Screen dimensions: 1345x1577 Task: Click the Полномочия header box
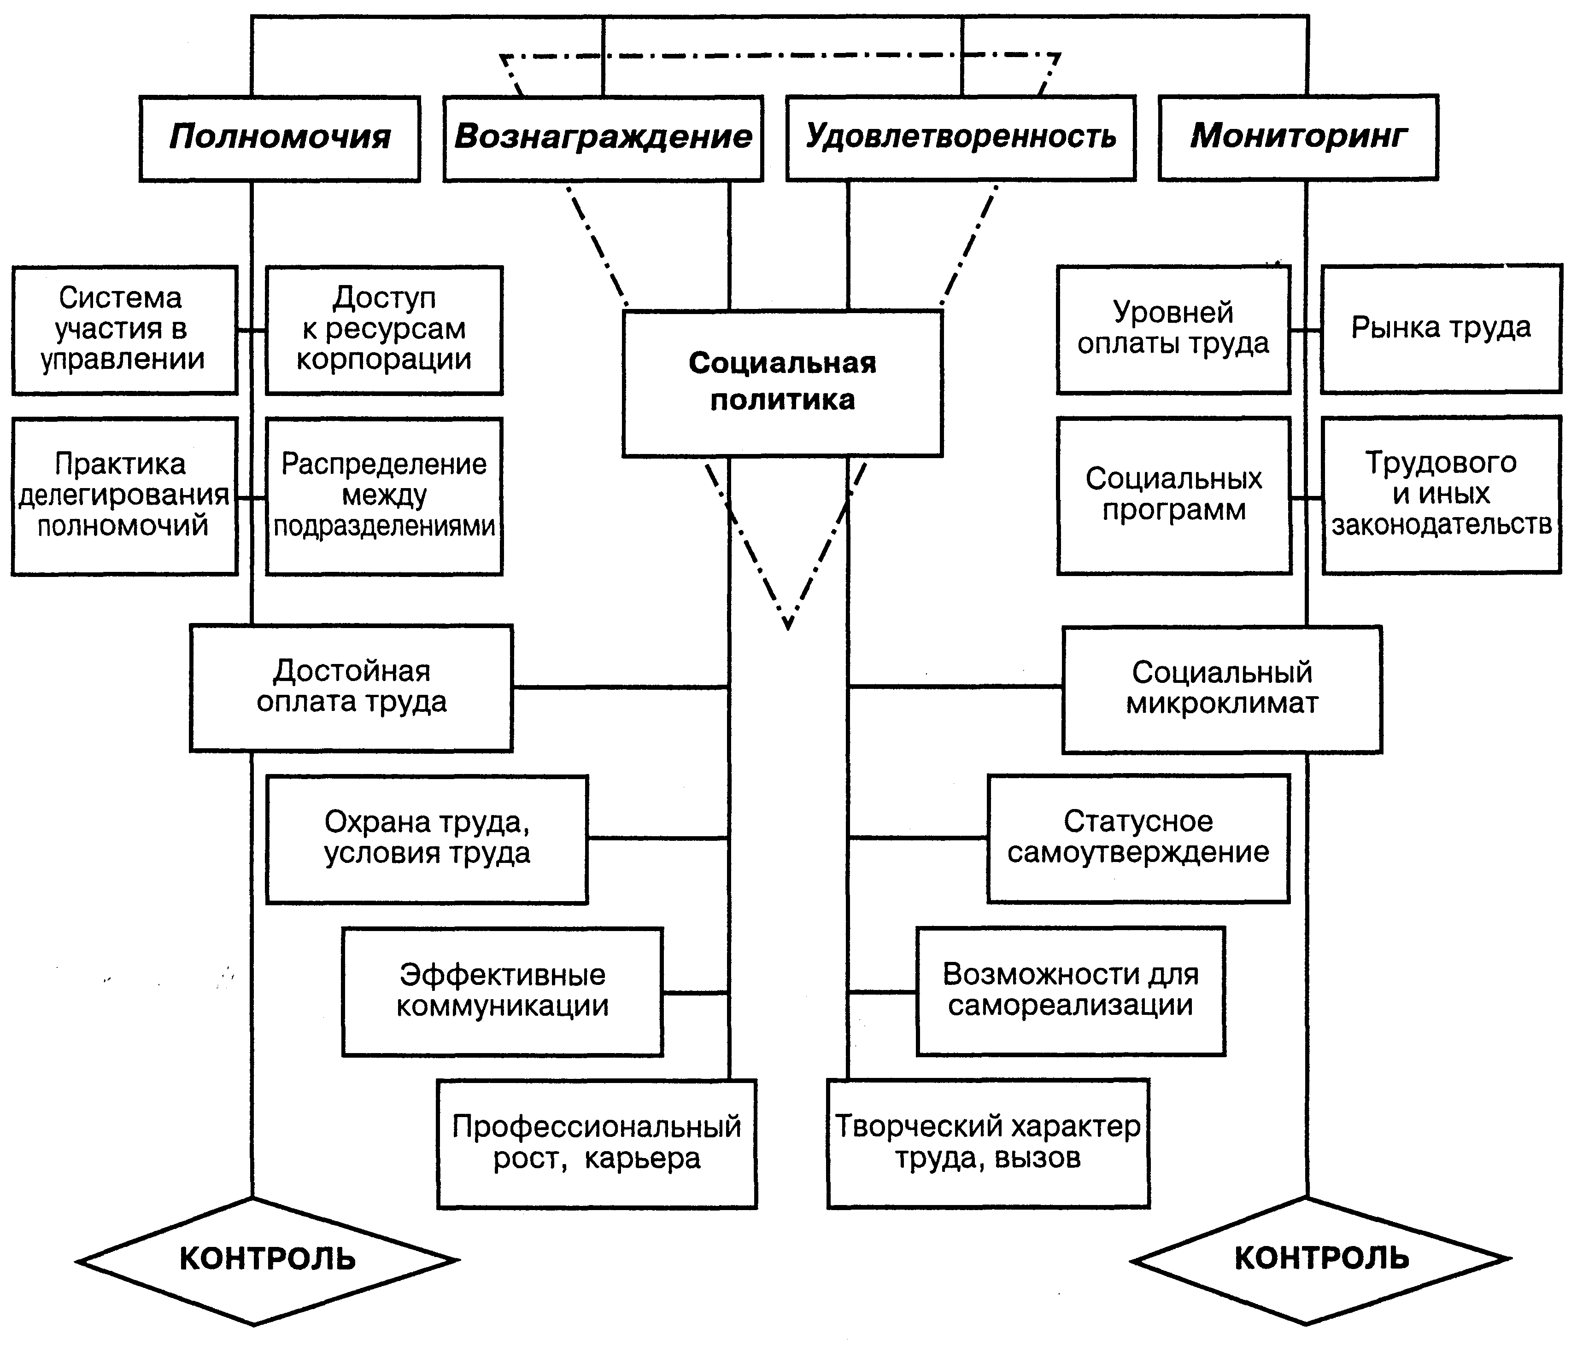[279, 139]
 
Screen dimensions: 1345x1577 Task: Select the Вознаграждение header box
[603, 139]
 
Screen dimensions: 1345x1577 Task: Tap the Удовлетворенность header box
[961, 139]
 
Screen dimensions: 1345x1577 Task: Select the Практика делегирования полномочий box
[124, 495]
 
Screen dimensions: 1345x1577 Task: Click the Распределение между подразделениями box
[384, 495]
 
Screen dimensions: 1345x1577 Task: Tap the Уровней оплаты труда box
[1173, 329]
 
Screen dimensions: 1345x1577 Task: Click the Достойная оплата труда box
[351, 688]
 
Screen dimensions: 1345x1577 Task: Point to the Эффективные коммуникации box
[502, 991]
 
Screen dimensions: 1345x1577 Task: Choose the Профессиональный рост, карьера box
[597, 1143]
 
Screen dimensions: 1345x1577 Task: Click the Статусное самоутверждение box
[1138, 838]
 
